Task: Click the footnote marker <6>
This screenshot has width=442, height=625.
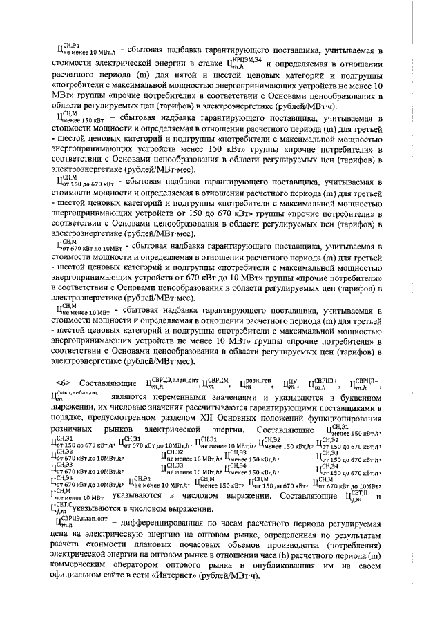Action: click(63, 383)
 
